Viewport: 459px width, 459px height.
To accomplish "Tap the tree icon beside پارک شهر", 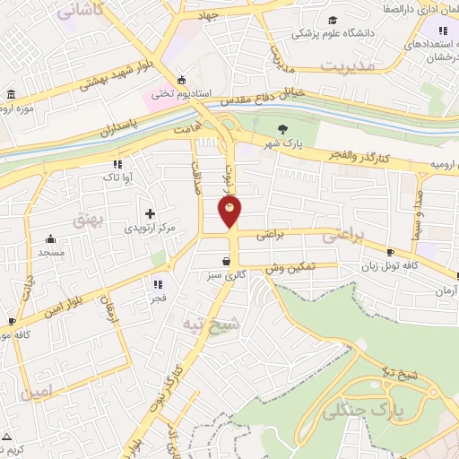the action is (x=284, y=128).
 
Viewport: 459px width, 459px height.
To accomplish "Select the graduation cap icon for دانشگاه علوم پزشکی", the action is (x=333, y=21).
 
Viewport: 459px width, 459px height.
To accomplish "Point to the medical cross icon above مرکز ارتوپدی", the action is (x=150, y=213).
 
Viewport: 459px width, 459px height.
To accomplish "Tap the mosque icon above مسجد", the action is (x=50, y=238).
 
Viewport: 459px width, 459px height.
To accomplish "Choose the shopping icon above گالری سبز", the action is (x=225, y=261).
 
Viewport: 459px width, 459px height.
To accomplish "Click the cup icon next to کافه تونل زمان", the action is (x=391, y=252).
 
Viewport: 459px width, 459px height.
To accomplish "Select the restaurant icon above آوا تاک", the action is (x=117, y=164).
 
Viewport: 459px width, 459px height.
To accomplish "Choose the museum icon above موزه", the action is (x=10, y=95).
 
